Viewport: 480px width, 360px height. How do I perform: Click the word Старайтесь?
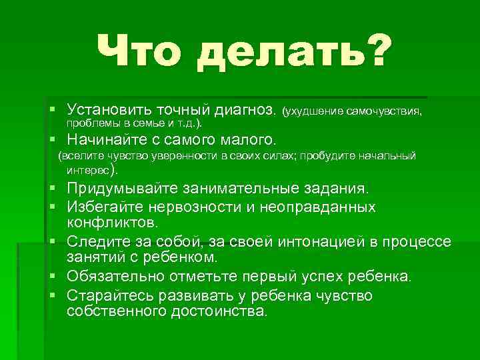[109, 295]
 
